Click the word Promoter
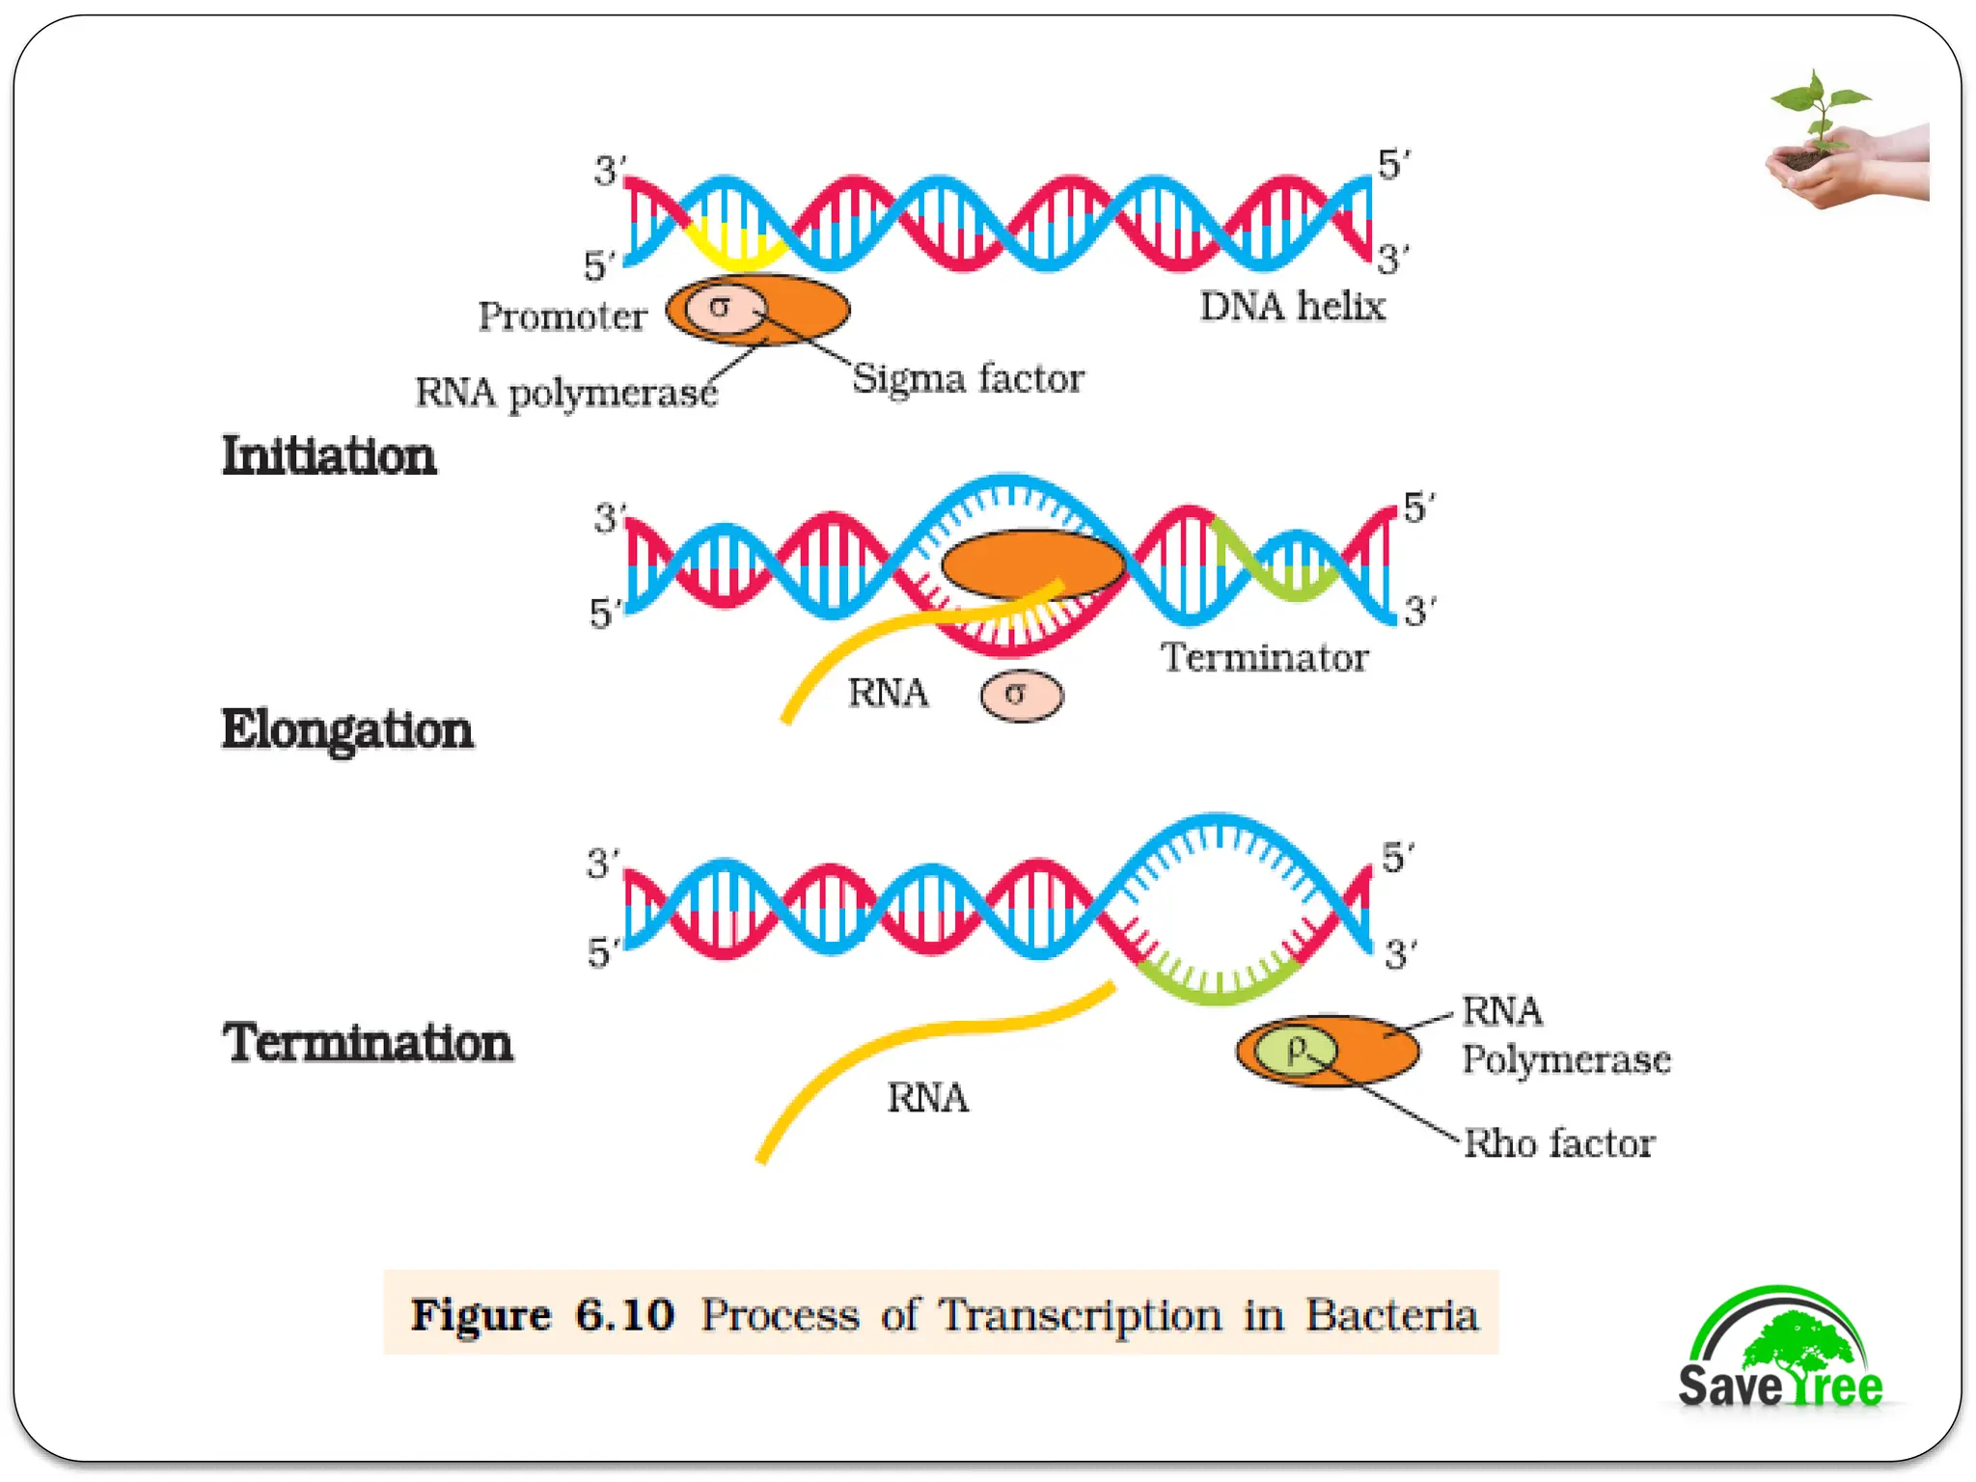click(563, 316)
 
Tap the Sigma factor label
click(967, 378)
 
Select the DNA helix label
click(1292, 307)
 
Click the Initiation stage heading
click(329, 455)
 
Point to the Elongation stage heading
click(347, 729)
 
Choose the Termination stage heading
click(368, 1043)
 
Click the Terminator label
click(1264, 658)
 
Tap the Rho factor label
click(1559, 1143)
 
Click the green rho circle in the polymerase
click(1297, 1050)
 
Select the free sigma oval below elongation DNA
click(1021, 696)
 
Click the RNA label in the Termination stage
click(927, 1098)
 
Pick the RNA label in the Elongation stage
click(888, 693)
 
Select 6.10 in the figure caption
click(624, 1315)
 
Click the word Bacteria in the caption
click(1391, 1315)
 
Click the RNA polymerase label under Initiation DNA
click(566, 393)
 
